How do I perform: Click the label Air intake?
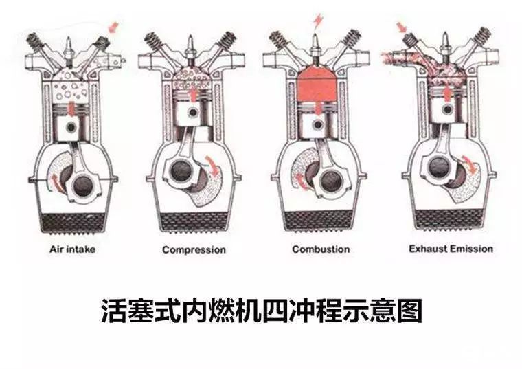[72, 249]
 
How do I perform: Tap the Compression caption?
[194, 249]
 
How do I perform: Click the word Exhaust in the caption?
[430, 249]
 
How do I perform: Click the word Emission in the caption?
[472, 249]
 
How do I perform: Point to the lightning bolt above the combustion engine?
[317, 19]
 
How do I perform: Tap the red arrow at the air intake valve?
[113, 27]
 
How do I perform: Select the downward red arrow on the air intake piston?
[72, 108]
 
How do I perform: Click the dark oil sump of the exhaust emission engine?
[446, 222]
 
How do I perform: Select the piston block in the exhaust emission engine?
[446, 110]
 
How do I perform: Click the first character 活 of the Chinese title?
[114, 311]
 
